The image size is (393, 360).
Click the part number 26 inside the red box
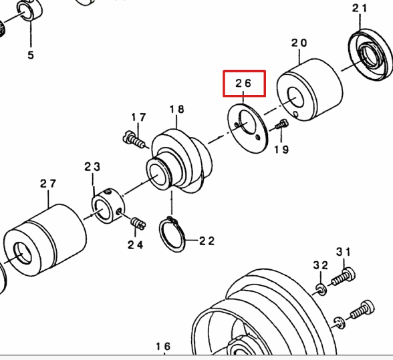pos(243,83)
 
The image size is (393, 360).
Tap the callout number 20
pos(299,43)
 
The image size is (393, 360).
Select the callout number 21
pos(360,8)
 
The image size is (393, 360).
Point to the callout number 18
pos(176,110)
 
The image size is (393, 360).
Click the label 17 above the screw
pos(138,118)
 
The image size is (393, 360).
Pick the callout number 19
pos(281,150)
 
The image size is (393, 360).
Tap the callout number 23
pos(92,166)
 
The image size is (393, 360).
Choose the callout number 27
pos(48,184)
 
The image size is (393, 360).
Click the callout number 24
pos(135,244)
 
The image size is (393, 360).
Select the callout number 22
pos(207,241)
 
